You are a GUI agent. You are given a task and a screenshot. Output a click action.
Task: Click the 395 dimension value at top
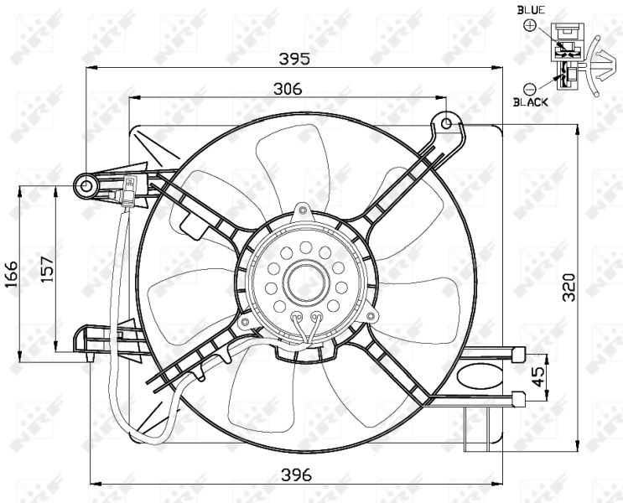coord(294,59)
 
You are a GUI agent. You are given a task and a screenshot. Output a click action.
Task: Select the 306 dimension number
coord(287,88)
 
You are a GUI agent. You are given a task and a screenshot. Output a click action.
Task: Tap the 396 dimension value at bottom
coord(295,474)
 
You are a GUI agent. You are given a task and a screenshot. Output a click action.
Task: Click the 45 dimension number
coord(538,371)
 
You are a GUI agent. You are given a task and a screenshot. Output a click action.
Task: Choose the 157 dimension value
coord(48,267)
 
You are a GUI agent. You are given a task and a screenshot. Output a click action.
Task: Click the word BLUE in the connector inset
coord(531,9)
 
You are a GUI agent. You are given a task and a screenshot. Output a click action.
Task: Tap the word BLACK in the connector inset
coord(531,101)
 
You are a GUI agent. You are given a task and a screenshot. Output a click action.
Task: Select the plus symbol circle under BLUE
coord(530,25)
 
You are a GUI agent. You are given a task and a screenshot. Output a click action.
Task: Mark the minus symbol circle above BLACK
coord(529,87)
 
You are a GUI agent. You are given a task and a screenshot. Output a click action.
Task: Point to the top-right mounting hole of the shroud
coord(447,124)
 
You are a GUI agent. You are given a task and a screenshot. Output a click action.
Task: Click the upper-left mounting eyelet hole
coord(87,184)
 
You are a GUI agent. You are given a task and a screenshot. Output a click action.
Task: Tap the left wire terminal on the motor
coord(299,318)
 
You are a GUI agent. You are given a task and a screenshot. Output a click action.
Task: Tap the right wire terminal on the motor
coord(317,318)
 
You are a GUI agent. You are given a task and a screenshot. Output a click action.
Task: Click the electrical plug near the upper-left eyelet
coord(131,192)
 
